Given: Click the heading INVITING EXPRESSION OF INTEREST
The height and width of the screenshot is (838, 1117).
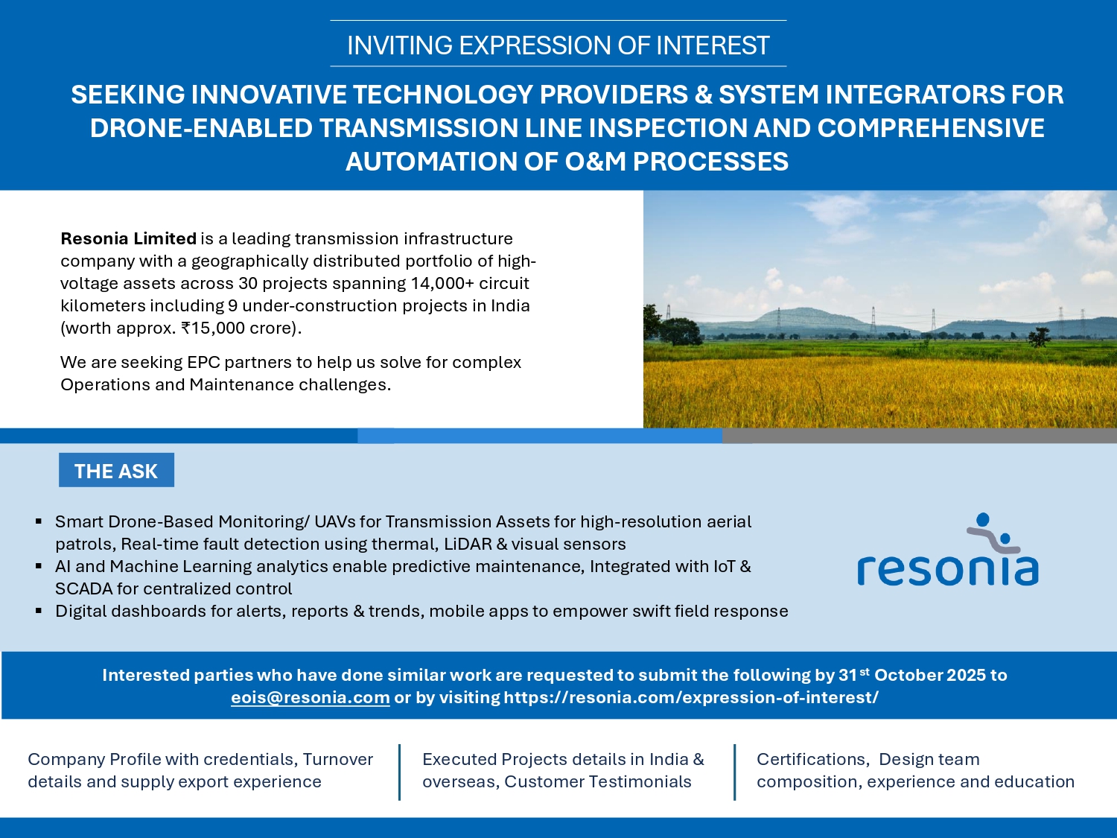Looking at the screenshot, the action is tap(558, 45).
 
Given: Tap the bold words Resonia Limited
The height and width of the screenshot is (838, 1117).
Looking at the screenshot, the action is tap(128, 238).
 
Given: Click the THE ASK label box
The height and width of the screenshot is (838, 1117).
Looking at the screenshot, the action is tap(116, 470).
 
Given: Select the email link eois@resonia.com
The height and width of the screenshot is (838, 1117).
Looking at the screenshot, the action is tap(311, 697).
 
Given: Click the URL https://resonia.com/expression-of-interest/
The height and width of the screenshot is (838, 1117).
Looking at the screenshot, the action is tap(691, 697).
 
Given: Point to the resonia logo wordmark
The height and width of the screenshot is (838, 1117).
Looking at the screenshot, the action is tap(947, 570).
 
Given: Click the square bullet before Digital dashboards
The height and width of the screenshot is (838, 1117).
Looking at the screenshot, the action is tap(39, 611).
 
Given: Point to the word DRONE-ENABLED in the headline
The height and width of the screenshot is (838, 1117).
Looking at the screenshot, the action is tap(201, 127).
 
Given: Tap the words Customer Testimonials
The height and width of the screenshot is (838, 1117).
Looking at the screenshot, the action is tap(597, 781).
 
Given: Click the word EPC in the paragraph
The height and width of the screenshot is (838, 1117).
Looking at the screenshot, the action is tap(203, 362).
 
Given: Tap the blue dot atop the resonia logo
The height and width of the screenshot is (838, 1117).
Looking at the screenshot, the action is tap(983, 519).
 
